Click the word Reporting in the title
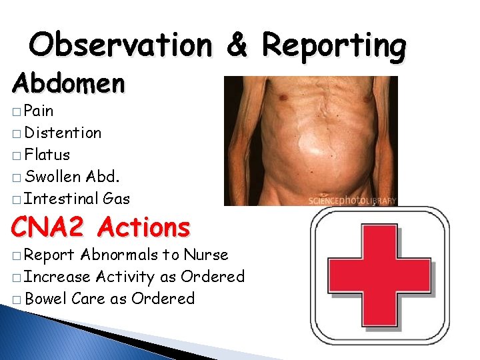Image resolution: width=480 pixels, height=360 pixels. point(333,45)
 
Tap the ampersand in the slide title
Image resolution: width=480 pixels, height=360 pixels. point(237,45)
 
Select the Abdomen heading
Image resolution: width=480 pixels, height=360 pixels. point(68,84)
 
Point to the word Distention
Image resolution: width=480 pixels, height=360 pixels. point(63,133)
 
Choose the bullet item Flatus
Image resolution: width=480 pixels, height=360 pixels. point(47,155)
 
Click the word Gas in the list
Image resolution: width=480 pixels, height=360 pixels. point(117,199)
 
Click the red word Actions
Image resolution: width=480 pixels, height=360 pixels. point(143,228)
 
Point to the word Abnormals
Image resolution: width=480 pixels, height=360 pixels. point(120,255)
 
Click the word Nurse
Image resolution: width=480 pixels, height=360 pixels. point(206,255)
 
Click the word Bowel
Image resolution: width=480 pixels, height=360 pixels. point(45,299)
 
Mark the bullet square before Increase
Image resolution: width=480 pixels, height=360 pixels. point(16,277)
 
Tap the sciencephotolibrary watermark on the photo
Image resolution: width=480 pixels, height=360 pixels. point(352,200)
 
